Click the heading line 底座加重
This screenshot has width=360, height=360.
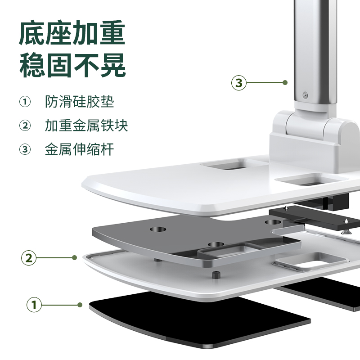(x=72, y=32)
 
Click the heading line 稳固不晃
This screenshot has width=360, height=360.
(x=72, y=65)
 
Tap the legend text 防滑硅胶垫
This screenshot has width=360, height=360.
(x=80, y=102)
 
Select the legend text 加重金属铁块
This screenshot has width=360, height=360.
(x=86, y=126)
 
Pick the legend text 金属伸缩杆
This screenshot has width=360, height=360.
(x=80, y=149)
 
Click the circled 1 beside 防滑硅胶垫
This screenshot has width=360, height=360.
(x=25, y=102)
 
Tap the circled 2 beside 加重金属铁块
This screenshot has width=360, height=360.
(x=25, y=126)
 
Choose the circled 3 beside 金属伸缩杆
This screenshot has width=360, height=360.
(x=25, y=149)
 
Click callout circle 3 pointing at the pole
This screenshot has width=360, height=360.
(x=239, y=83)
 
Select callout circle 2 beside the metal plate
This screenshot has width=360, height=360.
(x=29, y=258)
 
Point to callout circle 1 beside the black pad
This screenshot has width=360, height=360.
(x=34, y=305)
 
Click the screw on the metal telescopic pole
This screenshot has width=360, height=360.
(x=305, y=94)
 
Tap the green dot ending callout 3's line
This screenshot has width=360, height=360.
(x=285, y=83)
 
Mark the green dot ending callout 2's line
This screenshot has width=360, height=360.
(x=74, y=257)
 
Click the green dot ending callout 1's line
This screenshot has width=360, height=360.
(x=80, y=305)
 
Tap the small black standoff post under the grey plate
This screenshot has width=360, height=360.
(x=216, y=275)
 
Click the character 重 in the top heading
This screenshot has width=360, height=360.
(x=112, y=32)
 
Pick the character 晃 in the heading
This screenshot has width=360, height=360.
(x=113, y=65)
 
